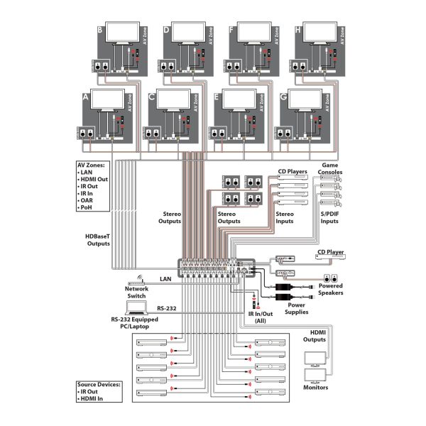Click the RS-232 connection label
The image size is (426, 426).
coord(167,309)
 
